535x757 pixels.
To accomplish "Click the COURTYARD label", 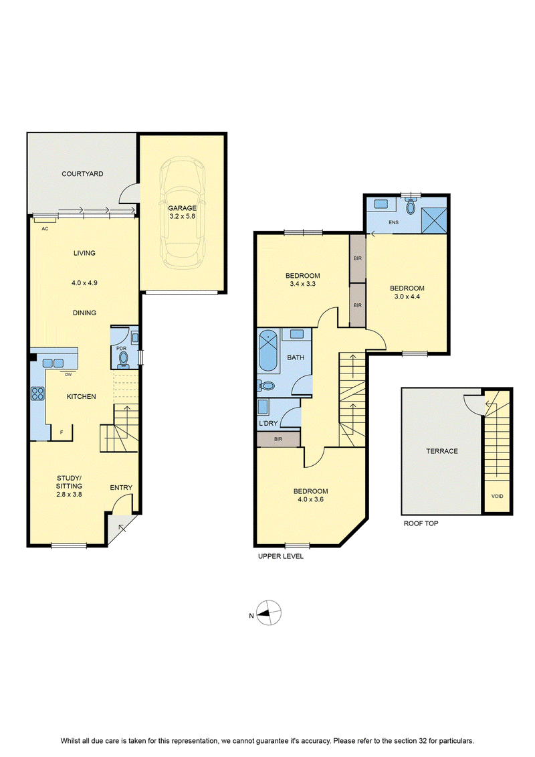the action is coord(82,174).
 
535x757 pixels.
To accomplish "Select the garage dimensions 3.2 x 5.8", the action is coord(183,216).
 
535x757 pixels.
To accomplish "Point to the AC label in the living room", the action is coord(45,229).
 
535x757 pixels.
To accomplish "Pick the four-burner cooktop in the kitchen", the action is coord(37,394).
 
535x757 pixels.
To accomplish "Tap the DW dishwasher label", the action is coord(68,374).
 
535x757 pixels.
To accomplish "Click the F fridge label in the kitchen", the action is coord(62,432).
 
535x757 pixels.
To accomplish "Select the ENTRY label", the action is coord(121,488).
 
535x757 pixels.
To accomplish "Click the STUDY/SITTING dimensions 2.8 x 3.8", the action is coord(69,495).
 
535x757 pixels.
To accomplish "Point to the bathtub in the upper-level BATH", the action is coord(269,351).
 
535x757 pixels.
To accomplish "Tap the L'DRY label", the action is coord(268,424).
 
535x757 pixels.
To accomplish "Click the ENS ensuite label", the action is coord(394,223).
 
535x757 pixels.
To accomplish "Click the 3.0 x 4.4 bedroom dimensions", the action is coord(407,297).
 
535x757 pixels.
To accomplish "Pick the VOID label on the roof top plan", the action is coord(497,496).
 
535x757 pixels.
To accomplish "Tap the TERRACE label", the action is coord(442,451).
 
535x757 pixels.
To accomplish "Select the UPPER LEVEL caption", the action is coord(281,556).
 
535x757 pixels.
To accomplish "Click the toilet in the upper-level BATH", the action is coord(266,386).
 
